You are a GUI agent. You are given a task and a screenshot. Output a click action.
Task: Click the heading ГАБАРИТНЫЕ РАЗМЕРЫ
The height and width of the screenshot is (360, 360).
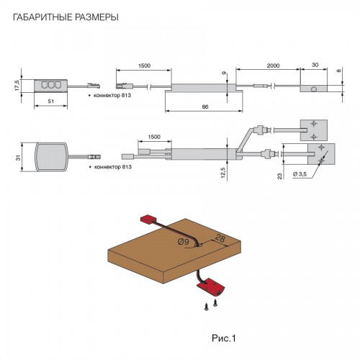[66, 17]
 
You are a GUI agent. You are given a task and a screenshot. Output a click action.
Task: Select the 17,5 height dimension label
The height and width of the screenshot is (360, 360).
[17, 85]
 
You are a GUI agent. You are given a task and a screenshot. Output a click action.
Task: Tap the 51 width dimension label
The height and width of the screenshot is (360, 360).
[51, 102]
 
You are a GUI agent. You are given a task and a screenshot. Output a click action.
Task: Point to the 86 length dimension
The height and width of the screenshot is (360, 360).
[205, 107]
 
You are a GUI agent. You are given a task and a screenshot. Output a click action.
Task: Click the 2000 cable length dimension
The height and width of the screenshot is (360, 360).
[273, 66]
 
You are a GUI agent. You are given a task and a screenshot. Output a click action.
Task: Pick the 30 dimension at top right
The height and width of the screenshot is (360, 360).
[315, 65]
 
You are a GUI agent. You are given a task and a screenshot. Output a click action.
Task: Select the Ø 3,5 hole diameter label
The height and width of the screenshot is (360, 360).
[300, 174]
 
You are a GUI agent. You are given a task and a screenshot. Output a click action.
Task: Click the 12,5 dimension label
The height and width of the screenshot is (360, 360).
[223, 173]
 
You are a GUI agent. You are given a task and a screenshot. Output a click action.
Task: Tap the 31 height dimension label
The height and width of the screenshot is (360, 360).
[19, 158]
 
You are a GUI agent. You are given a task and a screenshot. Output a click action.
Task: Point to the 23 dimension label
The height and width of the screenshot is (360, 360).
[280, 176]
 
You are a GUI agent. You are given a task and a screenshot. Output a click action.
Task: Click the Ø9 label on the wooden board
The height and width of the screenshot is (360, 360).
[184, 242]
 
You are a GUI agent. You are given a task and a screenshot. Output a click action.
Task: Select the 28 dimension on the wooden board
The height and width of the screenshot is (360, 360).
[220, 238]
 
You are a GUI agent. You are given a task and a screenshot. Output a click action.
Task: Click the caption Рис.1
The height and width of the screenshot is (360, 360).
[224, 338]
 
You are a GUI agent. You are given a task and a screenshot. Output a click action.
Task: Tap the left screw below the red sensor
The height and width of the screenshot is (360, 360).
[206, 307]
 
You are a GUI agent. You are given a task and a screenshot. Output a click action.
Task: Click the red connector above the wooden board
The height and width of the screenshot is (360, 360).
[148, 219]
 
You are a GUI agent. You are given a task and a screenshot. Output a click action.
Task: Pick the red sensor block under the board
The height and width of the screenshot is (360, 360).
[211, 287]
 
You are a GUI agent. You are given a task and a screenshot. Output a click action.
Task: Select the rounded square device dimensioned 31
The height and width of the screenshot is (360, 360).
[52, 157]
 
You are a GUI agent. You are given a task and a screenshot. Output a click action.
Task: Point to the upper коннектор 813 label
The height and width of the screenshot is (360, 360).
[112, 95]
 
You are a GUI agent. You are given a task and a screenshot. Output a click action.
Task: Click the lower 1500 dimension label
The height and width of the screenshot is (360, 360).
[154, 137]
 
